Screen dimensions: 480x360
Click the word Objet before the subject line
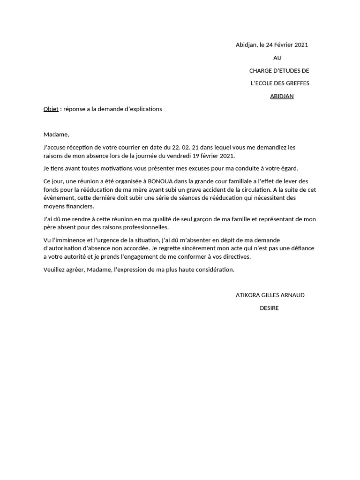coord(51,109)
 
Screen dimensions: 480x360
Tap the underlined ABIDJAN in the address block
coord(282,96)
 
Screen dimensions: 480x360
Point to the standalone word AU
coord(277,58)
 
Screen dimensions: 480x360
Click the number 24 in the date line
coord(269,45)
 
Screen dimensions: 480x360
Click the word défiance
coord(301,248)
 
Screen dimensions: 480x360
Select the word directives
coord(237,257)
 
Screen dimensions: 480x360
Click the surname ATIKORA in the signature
coord(247,295)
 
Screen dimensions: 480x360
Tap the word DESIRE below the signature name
coord(270,308)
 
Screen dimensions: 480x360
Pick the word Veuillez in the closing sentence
coord(55,270)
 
